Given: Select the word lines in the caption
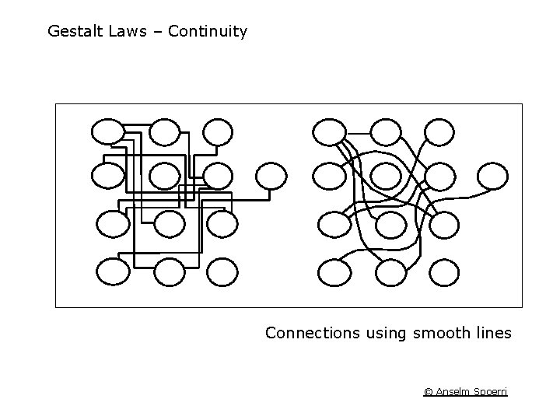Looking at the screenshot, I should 492,334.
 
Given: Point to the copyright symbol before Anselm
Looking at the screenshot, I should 428,392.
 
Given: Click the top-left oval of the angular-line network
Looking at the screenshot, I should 107,131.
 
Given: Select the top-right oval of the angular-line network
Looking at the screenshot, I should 218,131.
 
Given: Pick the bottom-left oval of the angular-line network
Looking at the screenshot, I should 113,271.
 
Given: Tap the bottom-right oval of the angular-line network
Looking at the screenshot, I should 222,271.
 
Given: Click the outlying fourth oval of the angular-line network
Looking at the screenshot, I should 271,176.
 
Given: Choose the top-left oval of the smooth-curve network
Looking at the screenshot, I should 328,131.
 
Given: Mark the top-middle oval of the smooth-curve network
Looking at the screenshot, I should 384,131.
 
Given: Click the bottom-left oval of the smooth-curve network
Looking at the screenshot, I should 334,272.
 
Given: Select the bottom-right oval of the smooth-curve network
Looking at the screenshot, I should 445,272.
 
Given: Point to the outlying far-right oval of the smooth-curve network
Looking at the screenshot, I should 493,176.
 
